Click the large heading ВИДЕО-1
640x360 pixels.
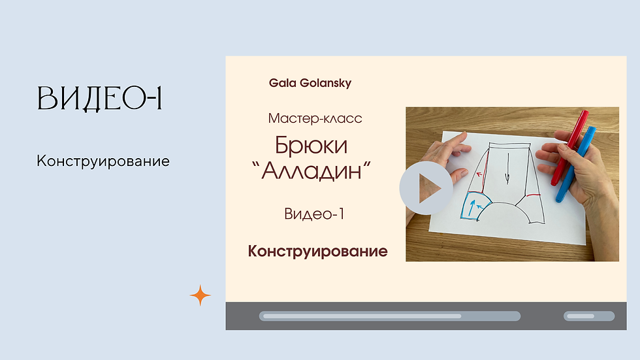(99, 99)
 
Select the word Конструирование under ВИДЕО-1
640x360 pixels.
(103, 161)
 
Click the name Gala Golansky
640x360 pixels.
(310, 84)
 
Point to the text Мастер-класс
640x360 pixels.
(315, 119)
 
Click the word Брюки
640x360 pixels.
(311, 144)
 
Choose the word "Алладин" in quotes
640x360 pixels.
(311, 171)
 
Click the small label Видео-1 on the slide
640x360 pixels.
(314, 214)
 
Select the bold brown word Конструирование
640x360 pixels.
(317, 252)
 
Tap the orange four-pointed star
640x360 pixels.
(200, 296)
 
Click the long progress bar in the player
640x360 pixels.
(389, 316)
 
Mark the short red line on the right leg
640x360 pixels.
(533, 195)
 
